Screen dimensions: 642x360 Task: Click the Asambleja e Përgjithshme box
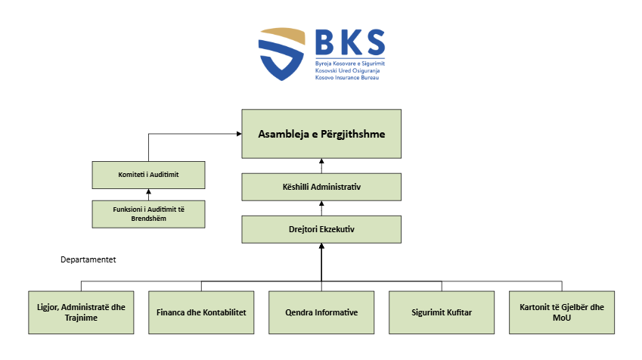click(321, 134)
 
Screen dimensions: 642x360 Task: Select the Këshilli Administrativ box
click(321, 187)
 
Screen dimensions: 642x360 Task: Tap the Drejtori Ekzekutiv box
click(321, 229)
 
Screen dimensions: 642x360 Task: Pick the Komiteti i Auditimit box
click(149, 175)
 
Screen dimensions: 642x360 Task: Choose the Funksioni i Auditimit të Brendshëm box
click(149, 214)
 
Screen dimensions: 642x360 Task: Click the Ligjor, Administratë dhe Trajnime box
click(81, 312)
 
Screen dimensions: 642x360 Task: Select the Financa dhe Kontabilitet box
click(201, 312)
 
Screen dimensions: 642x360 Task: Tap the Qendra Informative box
click(321, 312)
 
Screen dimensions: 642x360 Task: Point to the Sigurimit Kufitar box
click(442, 312)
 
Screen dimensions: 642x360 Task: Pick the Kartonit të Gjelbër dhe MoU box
click(562, 312)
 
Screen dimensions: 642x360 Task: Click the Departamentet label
click(88, 259)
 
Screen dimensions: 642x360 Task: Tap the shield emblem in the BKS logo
click(282, 54)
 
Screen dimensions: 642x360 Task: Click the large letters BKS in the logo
click(350, 42)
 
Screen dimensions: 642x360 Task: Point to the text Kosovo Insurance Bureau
click(347, 77)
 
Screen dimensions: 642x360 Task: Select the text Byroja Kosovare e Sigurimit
click(350, 64)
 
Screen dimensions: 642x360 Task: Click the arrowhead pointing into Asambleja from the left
click(239, 134)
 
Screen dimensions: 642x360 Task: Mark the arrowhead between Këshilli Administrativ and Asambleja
click(321, 161)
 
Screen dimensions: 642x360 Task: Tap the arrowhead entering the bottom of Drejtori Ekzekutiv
click(321, 246)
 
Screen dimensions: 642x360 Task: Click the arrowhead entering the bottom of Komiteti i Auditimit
click(149, 191)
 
